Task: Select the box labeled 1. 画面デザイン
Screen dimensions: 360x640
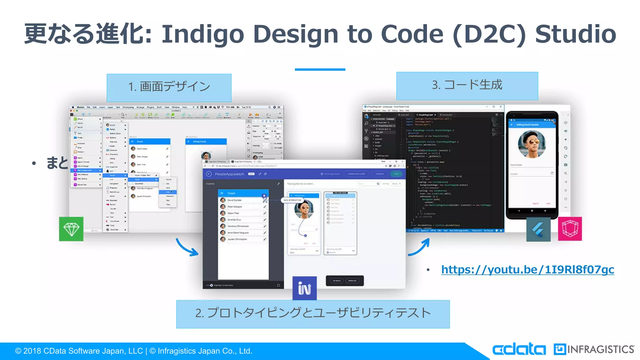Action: click(x=169, y=87)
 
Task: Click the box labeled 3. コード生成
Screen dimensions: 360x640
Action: click(x=467, y=86)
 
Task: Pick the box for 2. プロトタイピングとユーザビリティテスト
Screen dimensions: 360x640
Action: click(x=313, y=314)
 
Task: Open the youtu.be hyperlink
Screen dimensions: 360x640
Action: click(x=527, y=269)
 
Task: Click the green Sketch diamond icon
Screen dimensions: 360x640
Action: click(x=71, y=229)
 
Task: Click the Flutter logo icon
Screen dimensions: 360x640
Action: click(x=538, y=230)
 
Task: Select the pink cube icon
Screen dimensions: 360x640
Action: click(x=570, y=229)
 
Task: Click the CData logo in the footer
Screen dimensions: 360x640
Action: click(x=519, y=349)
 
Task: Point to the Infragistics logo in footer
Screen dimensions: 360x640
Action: click(x=594, y=349)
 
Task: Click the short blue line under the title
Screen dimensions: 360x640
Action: click(x=320, y=69)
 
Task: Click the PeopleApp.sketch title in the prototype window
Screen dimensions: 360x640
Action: click(x=229, y=174)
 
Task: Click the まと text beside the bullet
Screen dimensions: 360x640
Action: click(x=57, y=163)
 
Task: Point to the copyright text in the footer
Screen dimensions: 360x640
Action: click(x=133, y=351)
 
